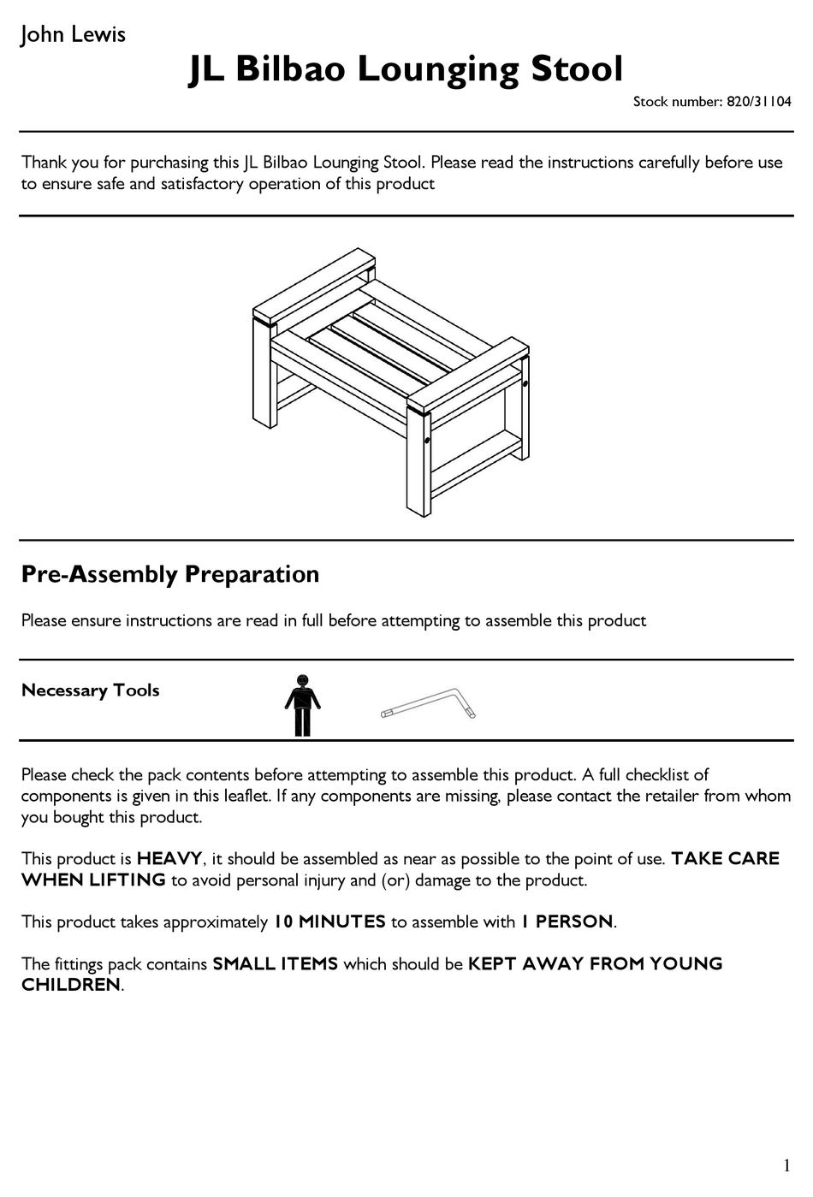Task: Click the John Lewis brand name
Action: (73, 35)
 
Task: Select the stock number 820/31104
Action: (758, 102)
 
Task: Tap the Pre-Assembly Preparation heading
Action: (170, 574)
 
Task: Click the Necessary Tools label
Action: (91, 690)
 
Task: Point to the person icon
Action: (302, 706)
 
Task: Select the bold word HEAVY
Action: (169, 859)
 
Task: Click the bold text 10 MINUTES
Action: (329, 922)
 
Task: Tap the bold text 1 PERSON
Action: (567, 922)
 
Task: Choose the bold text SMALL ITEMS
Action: (275, 964)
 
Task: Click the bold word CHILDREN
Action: (71, 986)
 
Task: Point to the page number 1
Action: (786, 1165)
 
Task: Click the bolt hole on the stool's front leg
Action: (426, 441)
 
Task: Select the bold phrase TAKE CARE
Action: (725, 859)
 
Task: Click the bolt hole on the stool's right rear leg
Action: (525, 383)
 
